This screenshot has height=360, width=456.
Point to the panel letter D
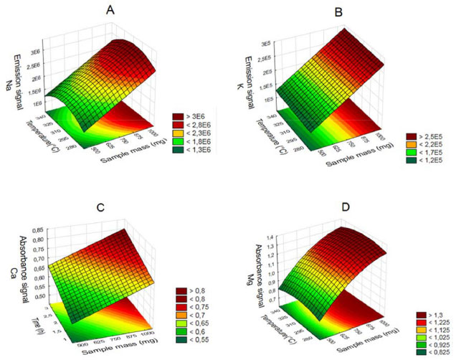coord(346,209)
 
